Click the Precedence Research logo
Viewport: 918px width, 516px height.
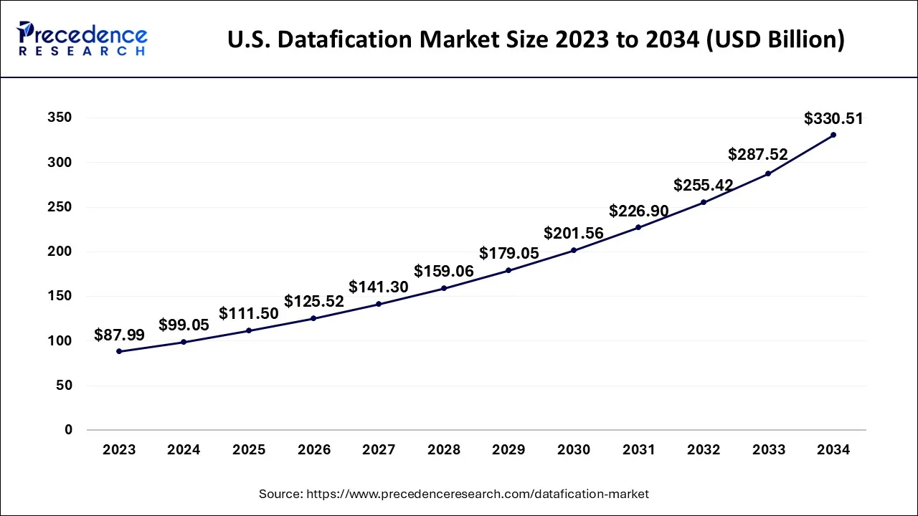tap(82, 39)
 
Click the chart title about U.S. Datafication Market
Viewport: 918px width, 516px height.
tap(536, 39)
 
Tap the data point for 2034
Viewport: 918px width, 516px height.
tap(833, 135)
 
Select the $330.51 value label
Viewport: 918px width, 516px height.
tap(833, 118)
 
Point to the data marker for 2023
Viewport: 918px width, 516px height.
tap(119, 351)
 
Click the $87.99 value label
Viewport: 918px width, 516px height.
tap(119, 335)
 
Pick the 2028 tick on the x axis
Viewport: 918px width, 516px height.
tap(443, 450)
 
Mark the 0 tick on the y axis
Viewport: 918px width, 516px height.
tap(68, 430)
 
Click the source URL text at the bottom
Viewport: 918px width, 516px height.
tap(453, 494)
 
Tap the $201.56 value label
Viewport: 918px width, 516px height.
tap(573, 233)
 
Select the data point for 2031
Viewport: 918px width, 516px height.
tap(638, 227)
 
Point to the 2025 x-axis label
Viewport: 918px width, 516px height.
tap(249, 450)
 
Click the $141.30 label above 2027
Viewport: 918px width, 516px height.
tap(378, 287)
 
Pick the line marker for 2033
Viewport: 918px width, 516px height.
tap(768, 173)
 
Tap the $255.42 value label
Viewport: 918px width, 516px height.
tap(703, 186)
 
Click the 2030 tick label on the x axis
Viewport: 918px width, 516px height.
tap(573, 450)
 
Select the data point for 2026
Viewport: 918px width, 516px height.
tap(313, 318)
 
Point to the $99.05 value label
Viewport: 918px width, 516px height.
tap(184, 325)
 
